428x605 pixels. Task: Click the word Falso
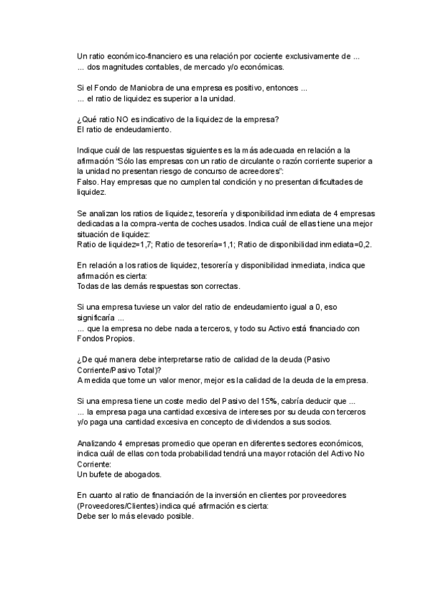click(87, 182)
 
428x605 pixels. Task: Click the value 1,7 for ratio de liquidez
click(145, 245)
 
